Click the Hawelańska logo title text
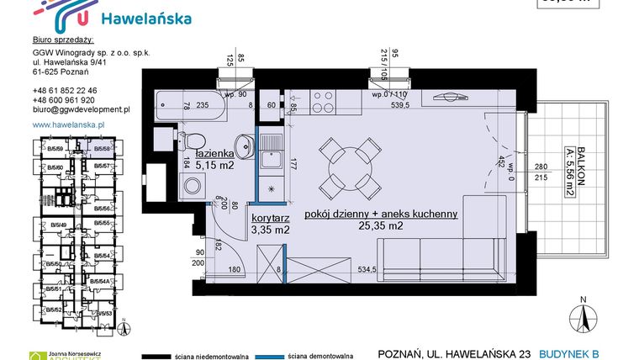pyautogui.click(x=145, y=19)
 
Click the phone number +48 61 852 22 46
pyautogui.click(x=66, y=90)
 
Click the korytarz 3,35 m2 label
pyautogui.click(x=270, y=223)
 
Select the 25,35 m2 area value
pyautogui.click(x=382, y=225)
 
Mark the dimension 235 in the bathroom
pyautogui.click(x=202, y=106)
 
